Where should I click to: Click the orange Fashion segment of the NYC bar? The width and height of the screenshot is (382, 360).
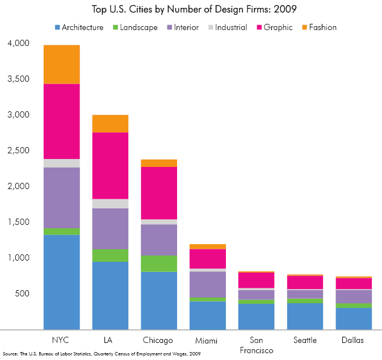[x=61, y=64]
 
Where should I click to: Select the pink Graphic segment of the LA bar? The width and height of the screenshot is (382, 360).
[x=110, y=165]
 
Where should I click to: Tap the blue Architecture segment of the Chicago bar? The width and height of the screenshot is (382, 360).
[x=159, y=300]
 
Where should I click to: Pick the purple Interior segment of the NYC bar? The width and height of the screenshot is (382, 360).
[x=61, y=198]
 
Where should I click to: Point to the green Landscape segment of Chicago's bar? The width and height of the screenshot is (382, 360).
[x=159, y=263]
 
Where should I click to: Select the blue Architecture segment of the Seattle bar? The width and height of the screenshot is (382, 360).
[x=305, y=316]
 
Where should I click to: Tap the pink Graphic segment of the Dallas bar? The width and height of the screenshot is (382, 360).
[x=354, y=283]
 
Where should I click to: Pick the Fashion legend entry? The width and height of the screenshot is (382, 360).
[x=318, y=27]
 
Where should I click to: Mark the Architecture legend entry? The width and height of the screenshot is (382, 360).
[x=79, y=27]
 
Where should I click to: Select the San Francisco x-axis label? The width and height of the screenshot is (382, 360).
[x=256, y=345]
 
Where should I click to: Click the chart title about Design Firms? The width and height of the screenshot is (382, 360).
[x=191, y=10]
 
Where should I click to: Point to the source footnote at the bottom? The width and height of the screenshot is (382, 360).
[x=101, y=354]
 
